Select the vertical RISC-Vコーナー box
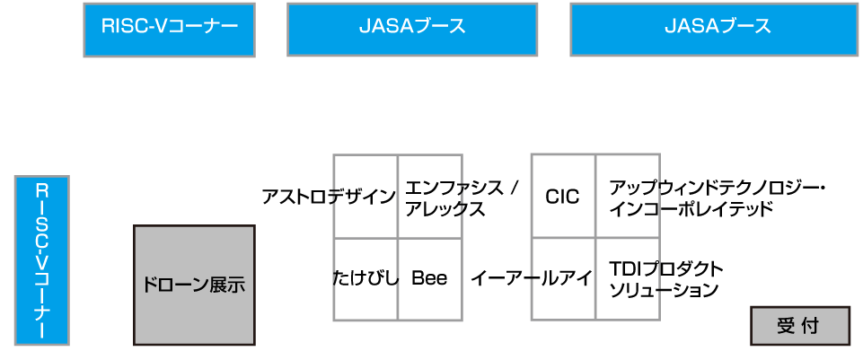[x=41, y=260]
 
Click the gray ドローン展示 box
[x=194, y=285]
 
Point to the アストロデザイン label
[x=328, y=197]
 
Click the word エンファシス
[x=452, y=189]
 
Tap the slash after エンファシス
[x=514, y=189]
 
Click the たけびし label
[x=365, y=278]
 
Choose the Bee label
[x=429, y=278]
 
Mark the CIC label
[x=563, y=197]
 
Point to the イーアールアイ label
[x=531, y=278]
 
